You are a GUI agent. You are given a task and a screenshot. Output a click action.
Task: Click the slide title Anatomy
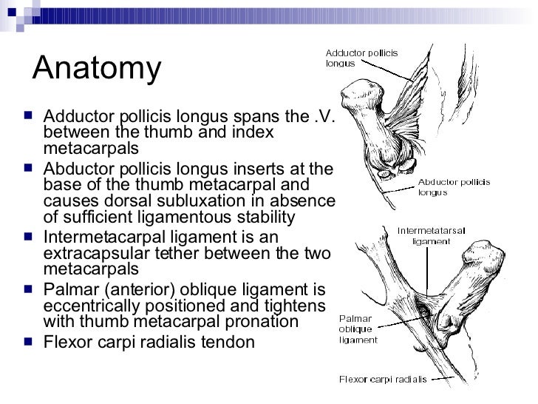click(x=97, y=69)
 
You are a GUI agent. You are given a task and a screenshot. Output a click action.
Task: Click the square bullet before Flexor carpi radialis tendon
click(x=27, y=343)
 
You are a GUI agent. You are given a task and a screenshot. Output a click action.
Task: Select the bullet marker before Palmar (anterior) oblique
click(x=27, y=289)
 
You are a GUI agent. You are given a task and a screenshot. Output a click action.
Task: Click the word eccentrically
click(x=87, y=305)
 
